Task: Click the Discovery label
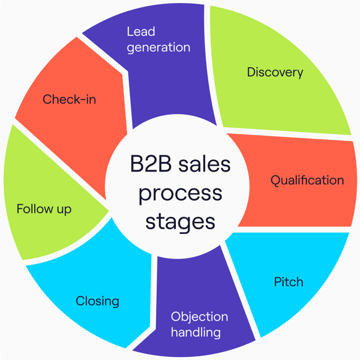coord(275,73)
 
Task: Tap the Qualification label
coord(307,180)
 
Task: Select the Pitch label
coord(289,281)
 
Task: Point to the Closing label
coord(97,301)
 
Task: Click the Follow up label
coord(44,209)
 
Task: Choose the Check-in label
coord(69,99)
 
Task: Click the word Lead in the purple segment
coord(140,31)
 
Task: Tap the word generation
coord(158,47)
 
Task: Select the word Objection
coord(199,316)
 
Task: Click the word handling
coord(196,332)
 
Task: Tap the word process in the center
coord(180,193)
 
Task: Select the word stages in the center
coord(180,221)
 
